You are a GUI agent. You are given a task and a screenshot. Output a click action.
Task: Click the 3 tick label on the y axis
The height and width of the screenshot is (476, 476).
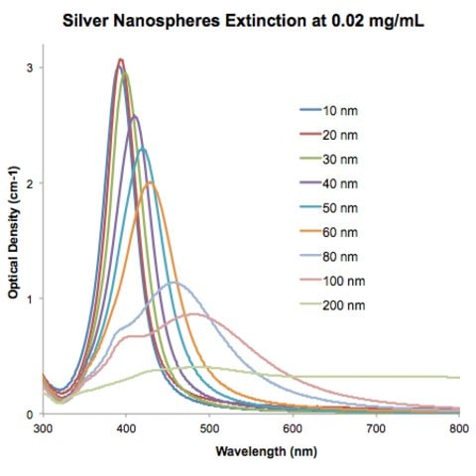[30, 67]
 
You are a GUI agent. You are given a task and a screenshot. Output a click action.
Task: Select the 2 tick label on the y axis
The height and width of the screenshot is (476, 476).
[30, 183]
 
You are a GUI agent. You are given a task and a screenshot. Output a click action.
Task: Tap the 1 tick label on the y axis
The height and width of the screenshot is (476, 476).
[30, 298]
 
